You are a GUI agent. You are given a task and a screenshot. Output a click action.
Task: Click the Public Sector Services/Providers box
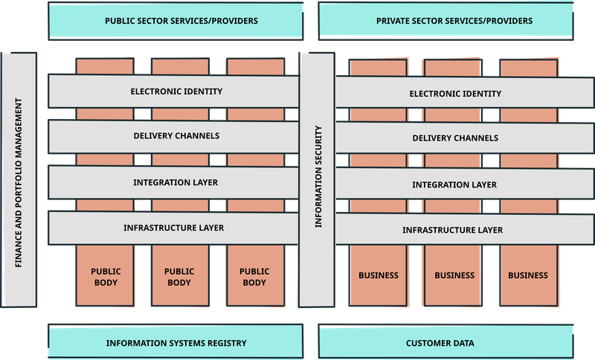tap(176, 21)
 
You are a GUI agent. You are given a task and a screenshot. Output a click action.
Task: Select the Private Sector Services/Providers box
tap(446, 21)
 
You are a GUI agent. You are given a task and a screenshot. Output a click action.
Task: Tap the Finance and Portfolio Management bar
tap(19, 180)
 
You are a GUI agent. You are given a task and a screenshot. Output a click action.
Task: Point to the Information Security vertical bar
tap(318, 180)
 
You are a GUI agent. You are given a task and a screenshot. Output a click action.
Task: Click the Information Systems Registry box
tap(176, 343)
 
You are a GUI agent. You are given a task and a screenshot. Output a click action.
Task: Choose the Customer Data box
tap(446, 343)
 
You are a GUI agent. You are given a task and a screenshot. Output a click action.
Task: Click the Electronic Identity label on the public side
tap(176, 91)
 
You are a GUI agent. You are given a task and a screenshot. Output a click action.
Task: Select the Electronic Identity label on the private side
tap(454, 94)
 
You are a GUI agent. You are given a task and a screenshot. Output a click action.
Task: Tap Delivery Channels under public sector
tap(176, 136)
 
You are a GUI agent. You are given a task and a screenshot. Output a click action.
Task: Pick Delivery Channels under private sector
tap(454, 138)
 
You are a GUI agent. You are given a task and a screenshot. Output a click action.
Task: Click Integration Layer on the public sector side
tap(176, 182)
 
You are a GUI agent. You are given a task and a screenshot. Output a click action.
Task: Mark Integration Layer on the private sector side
tap(454, 184)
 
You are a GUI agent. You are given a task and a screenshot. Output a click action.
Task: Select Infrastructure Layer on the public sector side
tap(176, 228)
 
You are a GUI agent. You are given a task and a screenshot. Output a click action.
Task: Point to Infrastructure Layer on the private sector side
tap(454, 230)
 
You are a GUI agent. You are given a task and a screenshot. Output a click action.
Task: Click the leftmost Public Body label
tap(106, 277)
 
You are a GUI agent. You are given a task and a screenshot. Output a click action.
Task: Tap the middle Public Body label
tap(178, 277)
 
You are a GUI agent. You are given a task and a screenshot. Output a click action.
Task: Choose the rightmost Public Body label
tap(254, 277)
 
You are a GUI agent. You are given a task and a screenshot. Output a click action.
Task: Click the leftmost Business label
tap(379, 275)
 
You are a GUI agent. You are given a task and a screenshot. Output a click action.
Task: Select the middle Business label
tap(454, 275)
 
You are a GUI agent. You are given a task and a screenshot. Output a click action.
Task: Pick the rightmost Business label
tap(528, 275)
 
